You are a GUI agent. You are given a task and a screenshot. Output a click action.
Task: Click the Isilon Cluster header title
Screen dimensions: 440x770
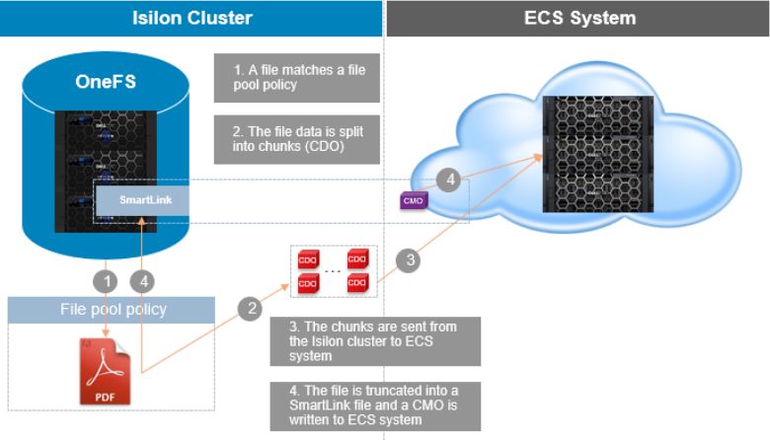[192, 18]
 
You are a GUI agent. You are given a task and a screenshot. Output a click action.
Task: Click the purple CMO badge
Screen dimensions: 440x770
[413, 200]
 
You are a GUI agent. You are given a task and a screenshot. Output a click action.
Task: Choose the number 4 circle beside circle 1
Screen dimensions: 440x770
[143, 279]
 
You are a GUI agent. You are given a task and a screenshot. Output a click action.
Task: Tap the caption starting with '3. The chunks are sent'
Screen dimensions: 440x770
[375, 340]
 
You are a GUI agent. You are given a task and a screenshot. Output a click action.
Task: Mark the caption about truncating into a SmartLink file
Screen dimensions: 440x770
[375, 404]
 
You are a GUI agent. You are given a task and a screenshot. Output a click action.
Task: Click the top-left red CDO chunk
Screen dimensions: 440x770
[307, 260]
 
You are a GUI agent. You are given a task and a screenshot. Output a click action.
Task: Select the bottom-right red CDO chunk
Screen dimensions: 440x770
[357, 283]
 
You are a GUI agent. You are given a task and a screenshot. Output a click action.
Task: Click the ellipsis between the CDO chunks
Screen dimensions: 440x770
[333, 271]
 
